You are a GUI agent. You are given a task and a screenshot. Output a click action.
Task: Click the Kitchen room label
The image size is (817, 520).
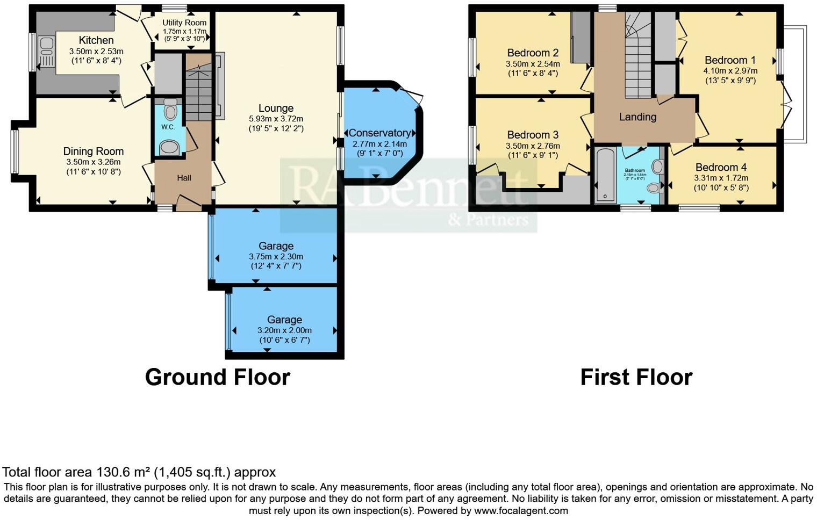click(x=96, y=40)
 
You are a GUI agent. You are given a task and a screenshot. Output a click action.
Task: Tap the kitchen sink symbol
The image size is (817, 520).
click(x=46, y=52)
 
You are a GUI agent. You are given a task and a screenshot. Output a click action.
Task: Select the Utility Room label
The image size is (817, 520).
click(x=184, y=23)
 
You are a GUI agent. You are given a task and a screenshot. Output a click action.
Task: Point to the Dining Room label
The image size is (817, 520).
click(x=94, y=151)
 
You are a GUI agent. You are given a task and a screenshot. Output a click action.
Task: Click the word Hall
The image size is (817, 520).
click(x=184, y=178)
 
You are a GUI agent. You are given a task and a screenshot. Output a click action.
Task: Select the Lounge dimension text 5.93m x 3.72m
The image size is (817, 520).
click(x=276, y=119)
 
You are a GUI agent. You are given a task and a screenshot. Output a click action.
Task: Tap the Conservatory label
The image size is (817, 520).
click(x=379, y=133)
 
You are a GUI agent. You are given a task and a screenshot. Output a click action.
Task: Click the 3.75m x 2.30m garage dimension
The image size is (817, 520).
click(x=276, y=257)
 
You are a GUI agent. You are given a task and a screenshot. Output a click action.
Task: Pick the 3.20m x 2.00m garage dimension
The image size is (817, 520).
click(x=284, y=330)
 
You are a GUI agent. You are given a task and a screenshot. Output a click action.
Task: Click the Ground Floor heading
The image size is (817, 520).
click(x=218, y=377)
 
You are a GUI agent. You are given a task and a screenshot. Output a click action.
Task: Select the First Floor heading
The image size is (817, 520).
click(x=636, y=377)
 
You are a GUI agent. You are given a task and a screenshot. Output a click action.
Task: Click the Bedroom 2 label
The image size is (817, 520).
click(x=533, y=53)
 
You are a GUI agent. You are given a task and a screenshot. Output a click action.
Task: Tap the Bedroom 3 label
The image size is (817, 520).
click(x=533, y=135)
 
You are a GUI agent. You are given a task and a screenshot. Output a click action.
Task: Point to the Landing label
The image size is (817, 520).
click(x=637, y=117)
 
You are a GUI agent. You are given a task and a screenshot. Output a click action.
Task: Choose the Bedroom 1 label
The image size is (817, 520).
click(x=730, y=60)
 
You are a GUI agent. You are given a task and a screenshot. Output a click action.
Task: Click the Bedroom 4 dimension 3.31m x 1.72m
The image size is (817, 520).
click(x=721, y=178)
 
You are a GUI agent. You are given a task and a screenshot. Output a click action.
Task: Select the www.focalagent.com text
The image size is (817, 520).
click(x=521, y=510)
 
